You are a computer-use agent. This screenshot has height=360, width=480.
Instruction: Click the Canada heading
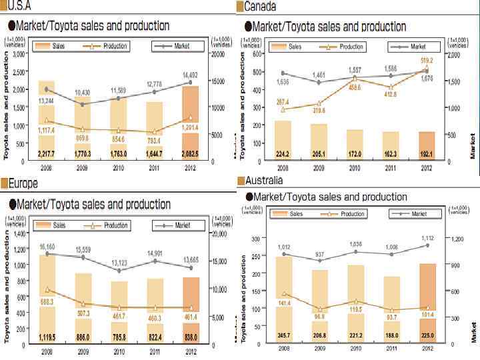(x=260, y=6)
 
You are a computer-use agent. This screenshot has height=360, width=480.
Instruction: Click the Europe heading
(x=26, y=184)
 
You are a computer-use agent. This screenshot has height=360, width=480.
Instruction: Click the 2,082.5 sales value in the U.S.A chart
(x=191, y=154)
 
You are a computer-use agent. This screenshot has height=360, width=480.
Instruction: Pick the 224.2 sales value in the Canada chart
(x=282, y=154)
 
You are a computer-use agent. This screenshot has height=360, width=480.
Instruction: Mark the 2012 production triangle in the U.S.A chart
(x=191, y=119)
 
